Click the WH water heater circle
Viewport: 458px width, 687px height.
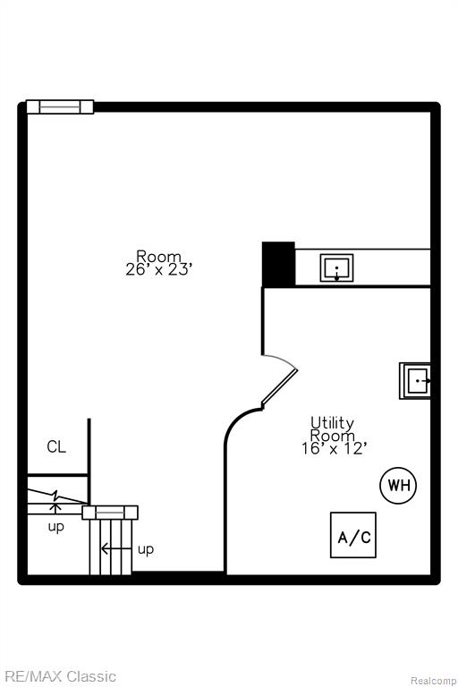pyautogui.click(x=398, y=485)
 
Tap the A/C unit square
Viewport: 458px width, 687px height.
pyautogui.click(x=353, y=535)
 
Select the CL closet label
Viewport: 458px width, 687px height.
pyautogui.click(x=56, y=447)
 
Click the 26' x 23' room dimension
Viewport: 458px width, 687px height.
pyautogui.click(x=158, y=269)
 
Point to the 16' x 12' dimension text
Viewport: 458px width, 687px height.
pyautogui.click(x=334, y=449)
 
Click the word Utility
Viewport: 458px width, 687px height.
pyautogui.click(x=332, y=423)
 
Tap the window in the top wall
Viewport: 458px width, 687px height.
pyautogui.click(x=60, y=107)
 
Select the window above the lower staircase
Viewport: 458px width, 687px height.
pyautogui.click(x=110, y=513)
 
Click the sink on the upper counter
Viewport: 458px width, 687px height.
pyautogui.click(x=336, y=267)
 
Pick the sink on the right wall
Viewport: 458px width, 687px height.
pyautogui.click(x=414, y=381)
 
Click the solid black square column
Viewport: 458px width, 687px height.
pyautogui.click(x=278, y=264)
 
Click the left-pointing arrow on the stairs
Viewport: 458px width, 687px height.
pyautogui.click(x=115, y=548)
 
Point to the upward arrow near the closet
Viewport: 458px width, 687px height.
pyautogui.click(x=55, y=509)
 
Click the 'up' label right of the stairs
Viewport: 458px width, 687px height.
pyautogui.click(x=146, y=549)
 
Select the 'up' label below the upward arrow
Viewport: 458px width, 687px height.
pyautogui.click(x=56, y=527)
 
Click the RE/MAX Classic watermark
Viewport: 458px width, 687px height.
pyautogui.click(x=61, y=676)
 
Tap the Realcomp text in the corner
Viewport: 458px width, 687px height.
pyautogui.click(x=433, y=681)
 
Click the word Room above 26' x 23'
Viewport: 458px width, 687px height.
pyautogui.click(x=158, y=256)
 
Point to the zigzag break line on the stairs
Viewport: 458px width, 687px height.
pyautogui.click(x=57, y=496)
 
